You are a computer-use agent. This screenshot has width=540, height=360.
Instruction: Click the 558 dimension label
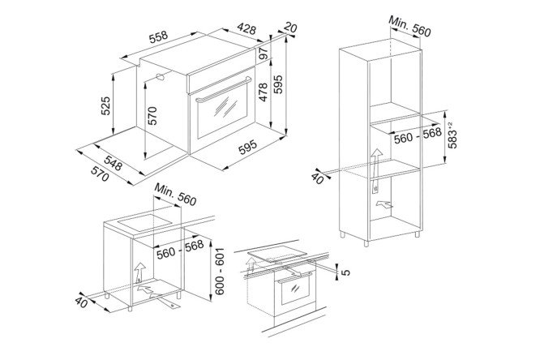pos(159,36)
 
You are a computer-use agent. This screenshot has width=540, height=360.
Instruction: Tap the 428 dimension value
pos(246,28)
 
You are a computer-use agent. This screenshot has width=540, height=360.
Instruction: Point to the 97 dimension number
pos(264,53)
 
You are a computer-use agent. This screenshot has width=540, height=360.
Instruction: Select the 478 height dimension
pos(263,92)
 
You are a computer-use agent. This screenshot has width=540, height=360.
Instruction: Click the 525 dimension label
pos(105,105)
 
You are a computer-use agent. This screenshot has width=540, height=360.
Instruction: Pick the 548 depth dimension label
pos(113,163)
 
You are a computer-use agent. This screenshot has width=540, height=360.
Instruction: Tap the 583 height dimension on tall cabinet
pos(452,135)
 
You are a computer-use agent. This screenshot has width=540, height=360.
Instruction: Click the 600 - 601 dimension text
pos(220,272)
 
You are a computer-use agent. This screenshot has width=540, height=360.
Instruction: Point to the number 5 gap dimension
pos(345,272)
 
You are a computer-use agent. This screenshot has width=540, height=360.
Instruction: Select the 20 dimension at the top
pos(290,28)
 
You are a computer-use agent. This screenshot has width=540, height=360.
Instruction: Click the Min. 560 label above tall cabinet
pos(409,26)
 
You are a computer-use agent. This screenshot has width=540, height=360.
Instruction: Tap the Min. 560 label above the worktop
pos(175,195)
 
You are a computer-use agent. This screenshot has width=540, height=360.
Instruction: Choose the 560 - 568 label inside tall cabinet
pos(418,135)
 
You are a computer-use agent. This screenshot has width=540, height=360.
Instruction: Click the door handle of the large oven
pos(223,90)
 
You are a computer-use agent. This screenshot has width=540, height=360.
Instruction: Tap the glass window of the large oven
pos(223,109)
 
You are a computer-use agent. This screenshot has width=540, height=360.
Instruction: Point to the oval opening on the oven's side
pos(160,77)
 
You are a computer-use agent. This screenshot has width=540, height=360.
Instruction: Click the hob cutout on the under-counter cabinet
pos(145,223)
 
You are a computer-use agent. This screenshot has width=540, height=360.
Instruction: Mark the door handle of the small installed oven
pos(295,277)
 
